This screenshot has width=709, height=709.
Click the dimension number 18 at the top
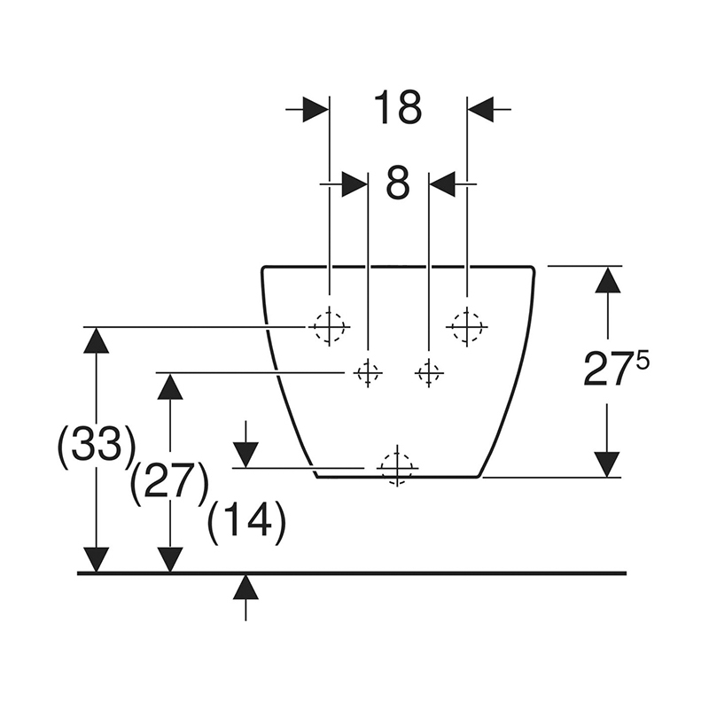397,108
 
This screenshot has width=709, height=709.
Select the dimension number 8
398,183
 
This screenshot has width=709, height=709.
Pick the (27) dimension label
169,483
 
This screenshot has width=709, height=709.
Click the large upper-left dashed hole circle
329,327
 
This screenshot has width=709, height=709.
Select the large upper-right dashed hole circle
467,327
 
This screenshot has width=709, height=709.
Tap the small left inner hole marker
368,373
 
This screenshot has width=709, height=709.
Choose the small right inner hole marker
429,373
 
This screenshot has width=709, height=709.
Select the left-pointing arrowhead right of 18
480,110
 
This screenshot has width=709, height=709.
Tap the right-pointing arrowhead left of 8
354,184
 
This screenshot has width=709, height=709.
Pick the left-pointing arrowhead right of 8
442,184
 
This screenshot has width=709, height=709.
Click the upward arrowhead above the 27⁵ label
607,280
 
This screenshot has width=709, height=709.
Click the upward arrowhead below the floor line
245,587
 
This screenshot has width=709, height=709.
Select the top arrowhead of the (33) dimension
96,340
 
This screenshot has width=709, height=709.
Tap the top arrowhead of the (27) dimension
170,386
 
